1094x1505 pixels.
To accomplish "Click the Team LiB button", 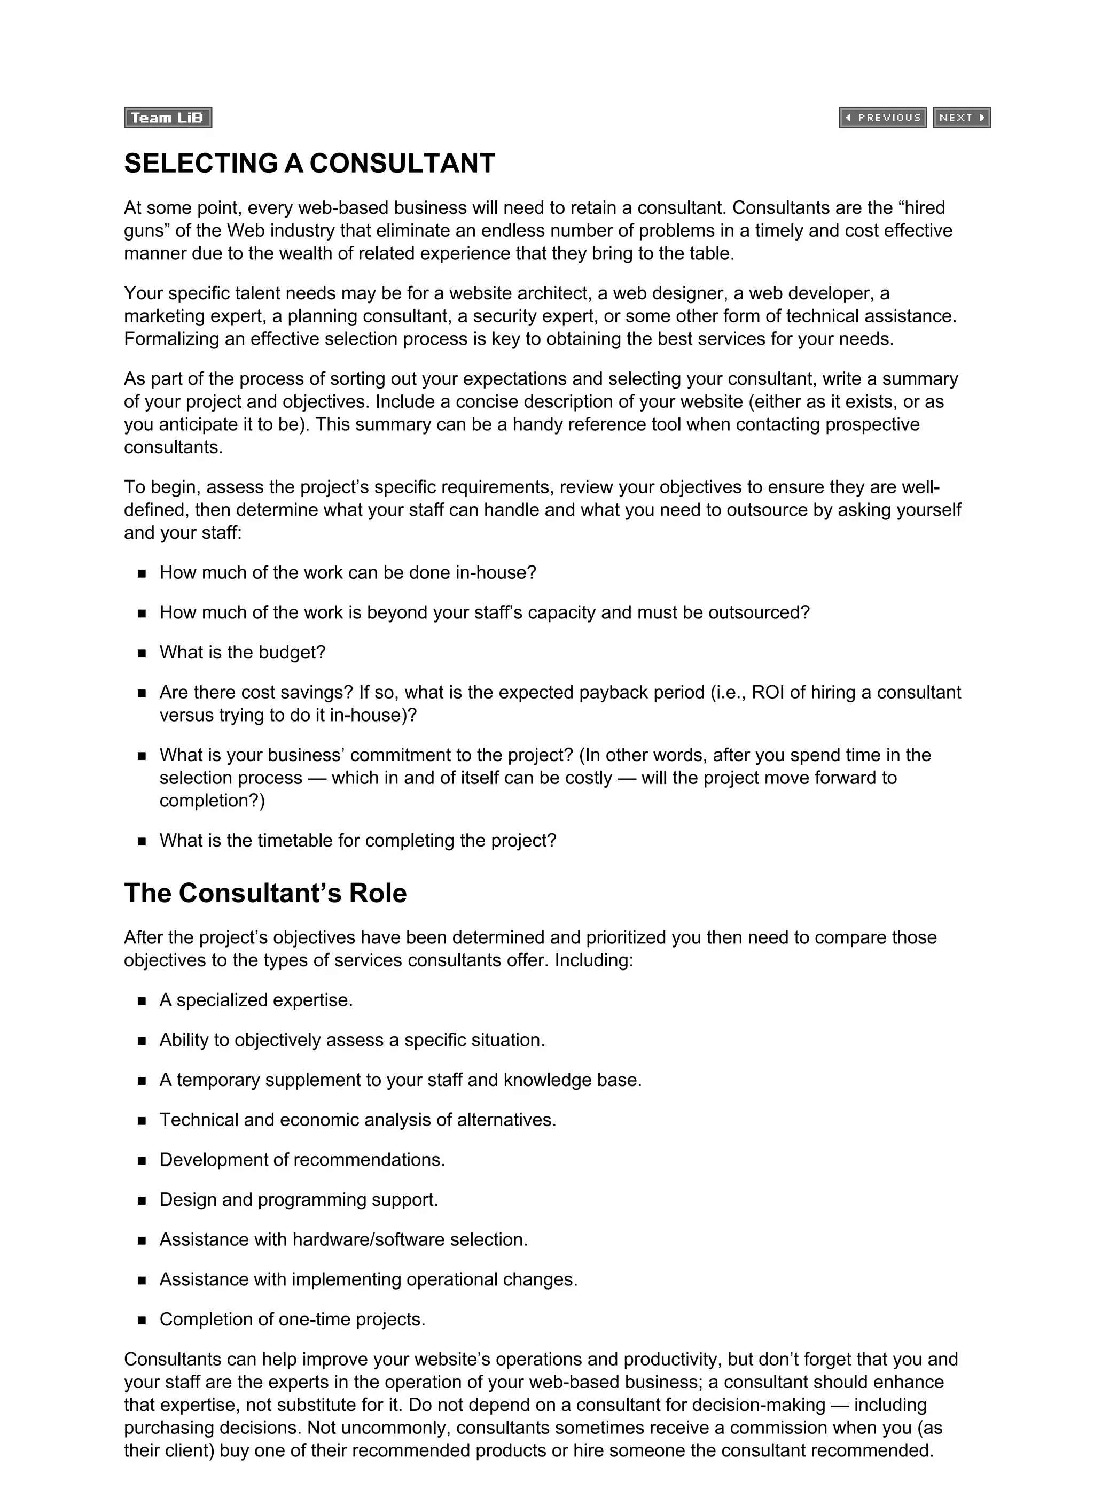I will point(167,118).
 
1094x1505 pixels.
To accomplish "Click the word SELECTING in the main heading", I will point(201,163).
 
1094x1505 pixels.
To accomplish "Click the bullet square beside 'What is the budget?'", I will point(142,654).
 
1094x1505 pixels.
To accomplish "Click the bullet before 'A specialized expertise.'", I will point(142,1002).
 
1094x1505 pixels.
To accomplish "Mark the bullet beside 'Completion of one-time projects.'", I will point(142,1321).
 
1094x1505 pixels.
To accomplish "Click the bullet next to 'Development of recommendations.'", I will point(142,1161).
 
